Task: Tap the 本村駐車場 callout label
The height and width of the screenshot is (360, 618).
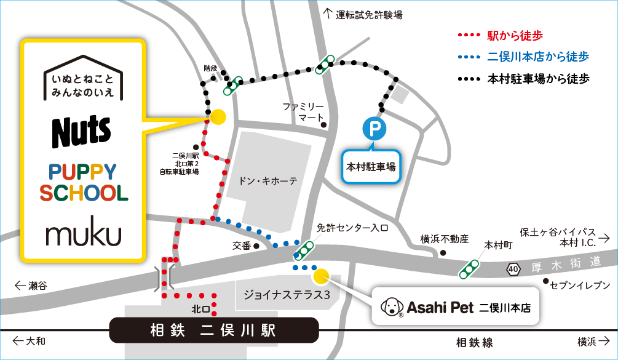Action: pyautogui.click(x=371, y=166)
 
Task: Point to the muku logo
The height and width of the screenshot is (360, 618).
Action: pyautogui.click(x=83, y=234)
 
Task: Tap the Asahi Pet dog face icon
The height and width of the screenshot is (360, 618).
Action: pyautogui.click(x=392, y=306)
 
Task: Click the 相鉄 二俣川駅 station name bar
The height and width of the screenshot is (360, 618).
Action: pyautogui.click(x=214, y=330)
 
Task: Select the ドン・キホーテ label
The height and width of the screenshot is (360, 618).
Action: pyautogui.click(x=268, y=181)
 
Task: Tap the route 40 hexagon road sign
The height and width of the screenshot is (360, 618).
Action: pyautogui.click(x=513, y=268)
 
